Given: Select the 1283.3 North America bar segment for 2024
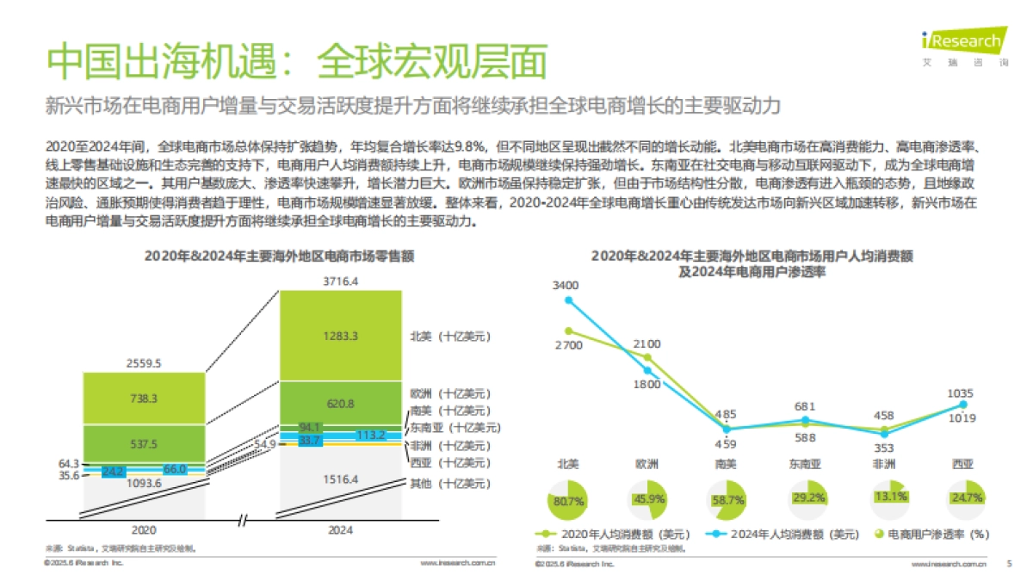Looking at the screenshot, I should [x=342, y=336].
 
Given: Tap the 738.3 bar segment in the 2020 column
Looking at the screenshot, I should [x=143, y=399].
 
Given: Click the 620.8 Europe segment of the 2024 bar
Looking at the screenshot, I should [x=342, y=402].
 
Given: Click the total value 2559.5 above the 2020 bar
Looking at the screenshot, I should [x=143, y=363].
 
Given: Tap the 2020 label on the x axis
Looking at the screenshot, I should [x=143, y=530].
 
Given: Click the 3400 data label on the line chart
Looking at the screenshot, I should [x=566, y=285].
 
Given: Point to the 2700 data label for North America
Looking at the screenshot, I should [x=568, y=345].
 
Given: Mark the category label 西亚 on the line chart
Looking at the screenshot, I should [x=962, y=464].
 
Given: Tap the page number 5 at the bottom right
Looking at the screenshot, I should [x=1009, y=565].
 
